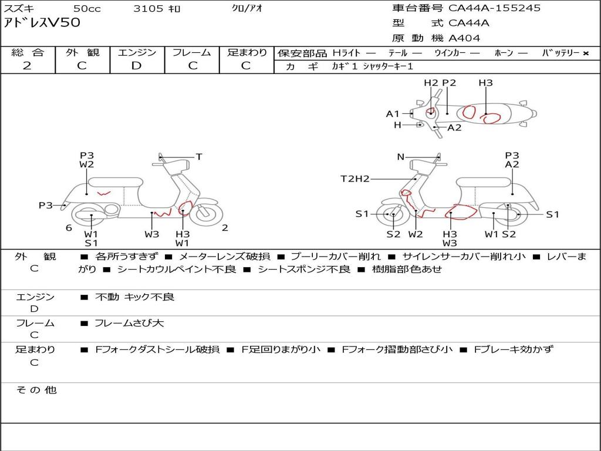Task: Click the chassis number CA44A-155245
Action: point(494,8)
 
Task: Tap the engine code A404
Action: point(464,38)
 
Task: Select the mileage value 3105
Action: point(148,8)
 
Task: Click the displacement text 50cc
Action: point(86,8)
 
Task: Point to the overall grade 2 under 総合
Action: point(27,66)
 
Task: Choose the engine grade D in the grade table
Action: point(136,66)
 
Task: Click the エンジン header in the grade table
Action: point(137,53)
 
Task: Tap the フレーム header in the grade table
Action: point(191,53)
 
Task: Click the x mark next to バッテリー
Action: point(585,53)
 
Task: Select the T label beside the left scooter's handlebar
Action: point(199,157)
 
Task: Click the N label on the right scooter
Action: point(401,157)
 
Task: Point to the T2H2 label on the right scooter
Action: point(355,179)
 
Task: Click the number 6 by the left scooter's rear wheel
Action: point(69,228)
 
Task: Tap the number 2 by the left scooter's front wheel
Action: point(225,228)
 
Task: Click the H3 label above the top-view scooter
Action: point(485,83)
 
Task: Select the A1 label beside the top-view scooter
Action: point(393,114)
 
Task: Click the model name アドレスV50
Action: point(42,23)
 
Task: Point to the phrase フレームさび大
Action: point(129,323)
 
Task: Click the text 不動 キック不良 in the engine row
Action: point(134,297)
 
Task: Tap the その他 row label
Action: point(36,390)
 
